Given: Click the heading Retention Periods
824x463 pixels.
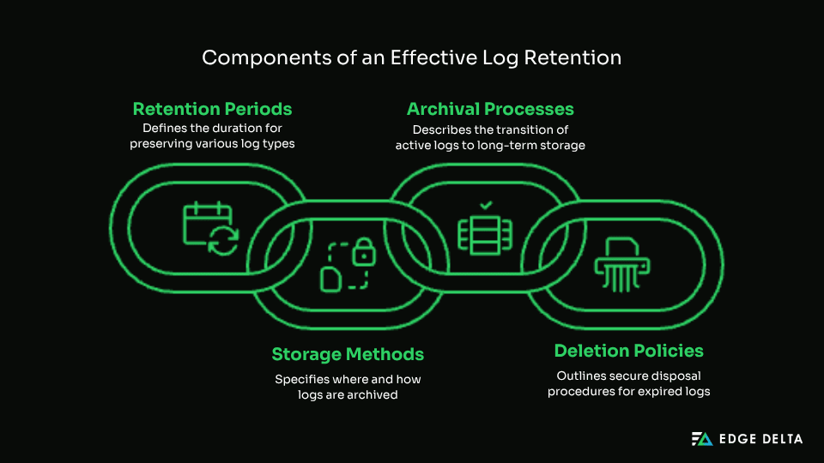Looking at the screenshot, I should (x=212, y=109).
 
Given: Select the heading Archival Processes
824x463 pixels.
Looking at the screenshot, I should (x=490, y=109).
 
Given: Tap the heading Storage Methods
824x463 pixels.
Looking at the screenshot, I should (x=348, y=354).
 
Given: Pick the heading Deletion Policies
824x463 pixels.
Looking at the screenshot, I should (x=628, y=351).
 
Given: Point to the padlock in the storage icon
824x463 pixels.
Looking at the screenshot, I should (x=364, y=251).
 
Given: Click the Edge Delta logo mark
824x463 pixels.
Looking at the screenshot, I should (x=702, y=439).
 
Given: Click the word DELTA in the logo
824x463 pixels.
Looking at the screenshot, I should (x=780, y=439).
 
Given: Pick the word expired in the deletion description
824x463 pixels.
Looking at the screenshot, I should (x=656, y=392).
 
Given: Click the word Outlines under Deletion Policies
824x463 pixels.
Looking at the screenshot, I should (x=580, y=376).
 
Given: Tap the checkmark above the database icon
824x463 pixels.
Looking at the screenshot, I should (x=486, y=206).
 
